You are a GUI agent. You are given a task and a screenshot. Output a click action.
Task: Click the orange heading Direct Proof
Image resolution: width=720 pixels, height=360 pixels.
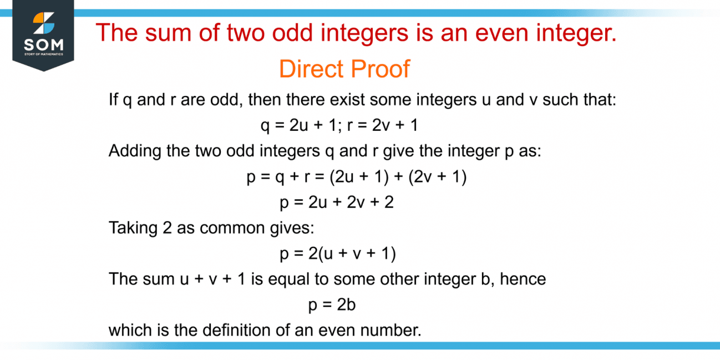[344, 69]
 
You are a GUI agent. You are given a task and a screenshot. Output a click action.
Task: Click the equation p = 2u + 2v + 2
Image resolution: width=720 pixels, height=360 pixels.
[337, 202]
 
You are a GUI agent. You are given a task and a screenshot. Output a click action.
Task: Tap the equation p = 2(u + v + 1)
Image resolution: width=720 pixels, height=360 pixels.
[337, 253]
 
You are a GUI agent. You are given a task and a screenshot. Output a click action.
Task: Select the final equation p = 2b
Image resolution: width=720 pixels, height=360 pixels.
[332, 305]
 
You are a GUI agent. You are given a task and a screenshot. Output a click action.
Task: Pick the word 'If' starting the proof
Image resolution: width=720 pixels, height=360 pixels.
[113, 100]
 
